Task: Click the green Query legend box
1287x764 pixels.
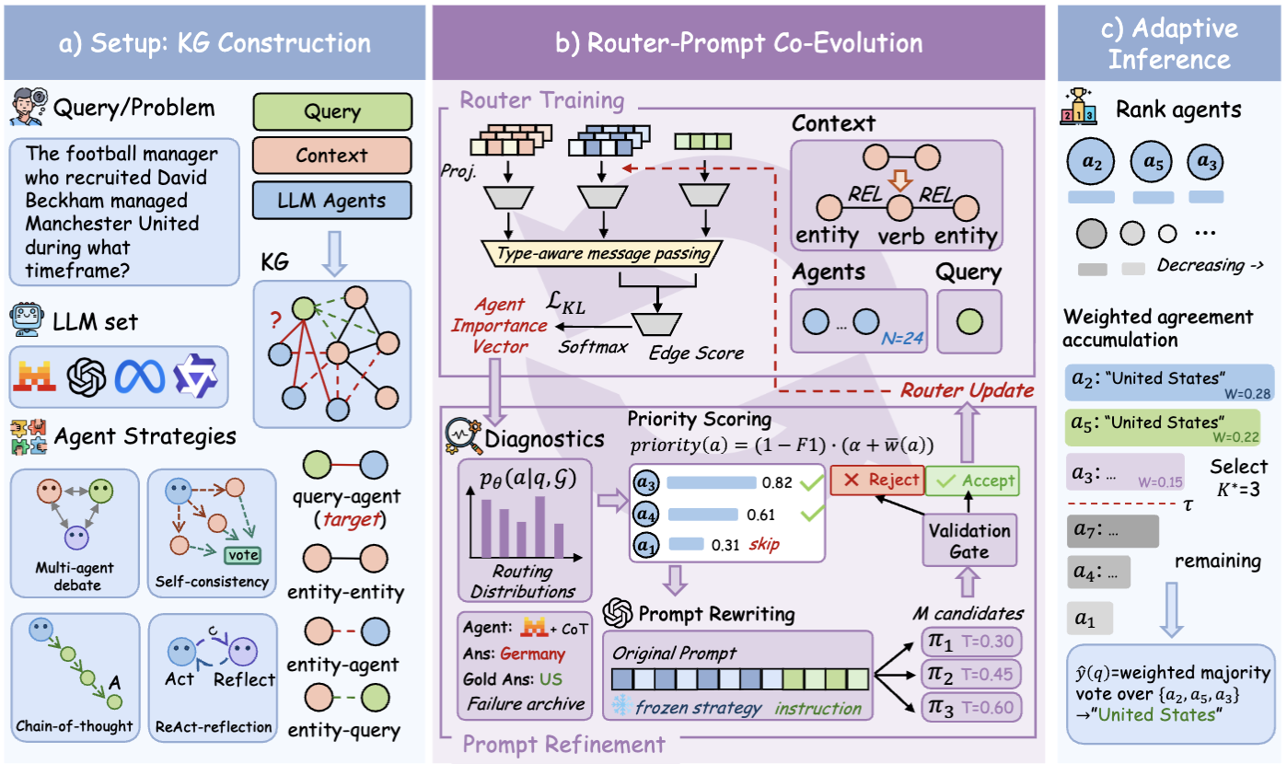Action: [x=331, y=112]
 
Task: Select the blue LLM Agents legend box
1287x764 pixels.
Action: [x=331, y=200]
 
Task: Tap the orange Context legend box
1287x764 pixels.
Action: [x=331, y=156]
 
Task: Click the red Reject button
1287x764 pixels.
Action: [x=875, y=480]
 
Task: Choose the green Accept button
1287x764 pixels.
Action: [x=972, y=480]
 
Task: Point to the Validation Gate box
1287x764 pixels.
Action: [x=969, y=540]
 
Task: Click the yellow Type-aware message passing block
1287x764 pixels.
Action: [x=602, y=252]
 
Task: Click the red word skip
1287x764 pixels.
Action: [x=763, y=544]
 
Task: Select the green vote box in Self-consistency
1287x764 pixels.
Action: [x=243, y=554]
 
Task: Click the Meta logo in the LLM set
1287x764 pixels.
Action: [x=140, y=376]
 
